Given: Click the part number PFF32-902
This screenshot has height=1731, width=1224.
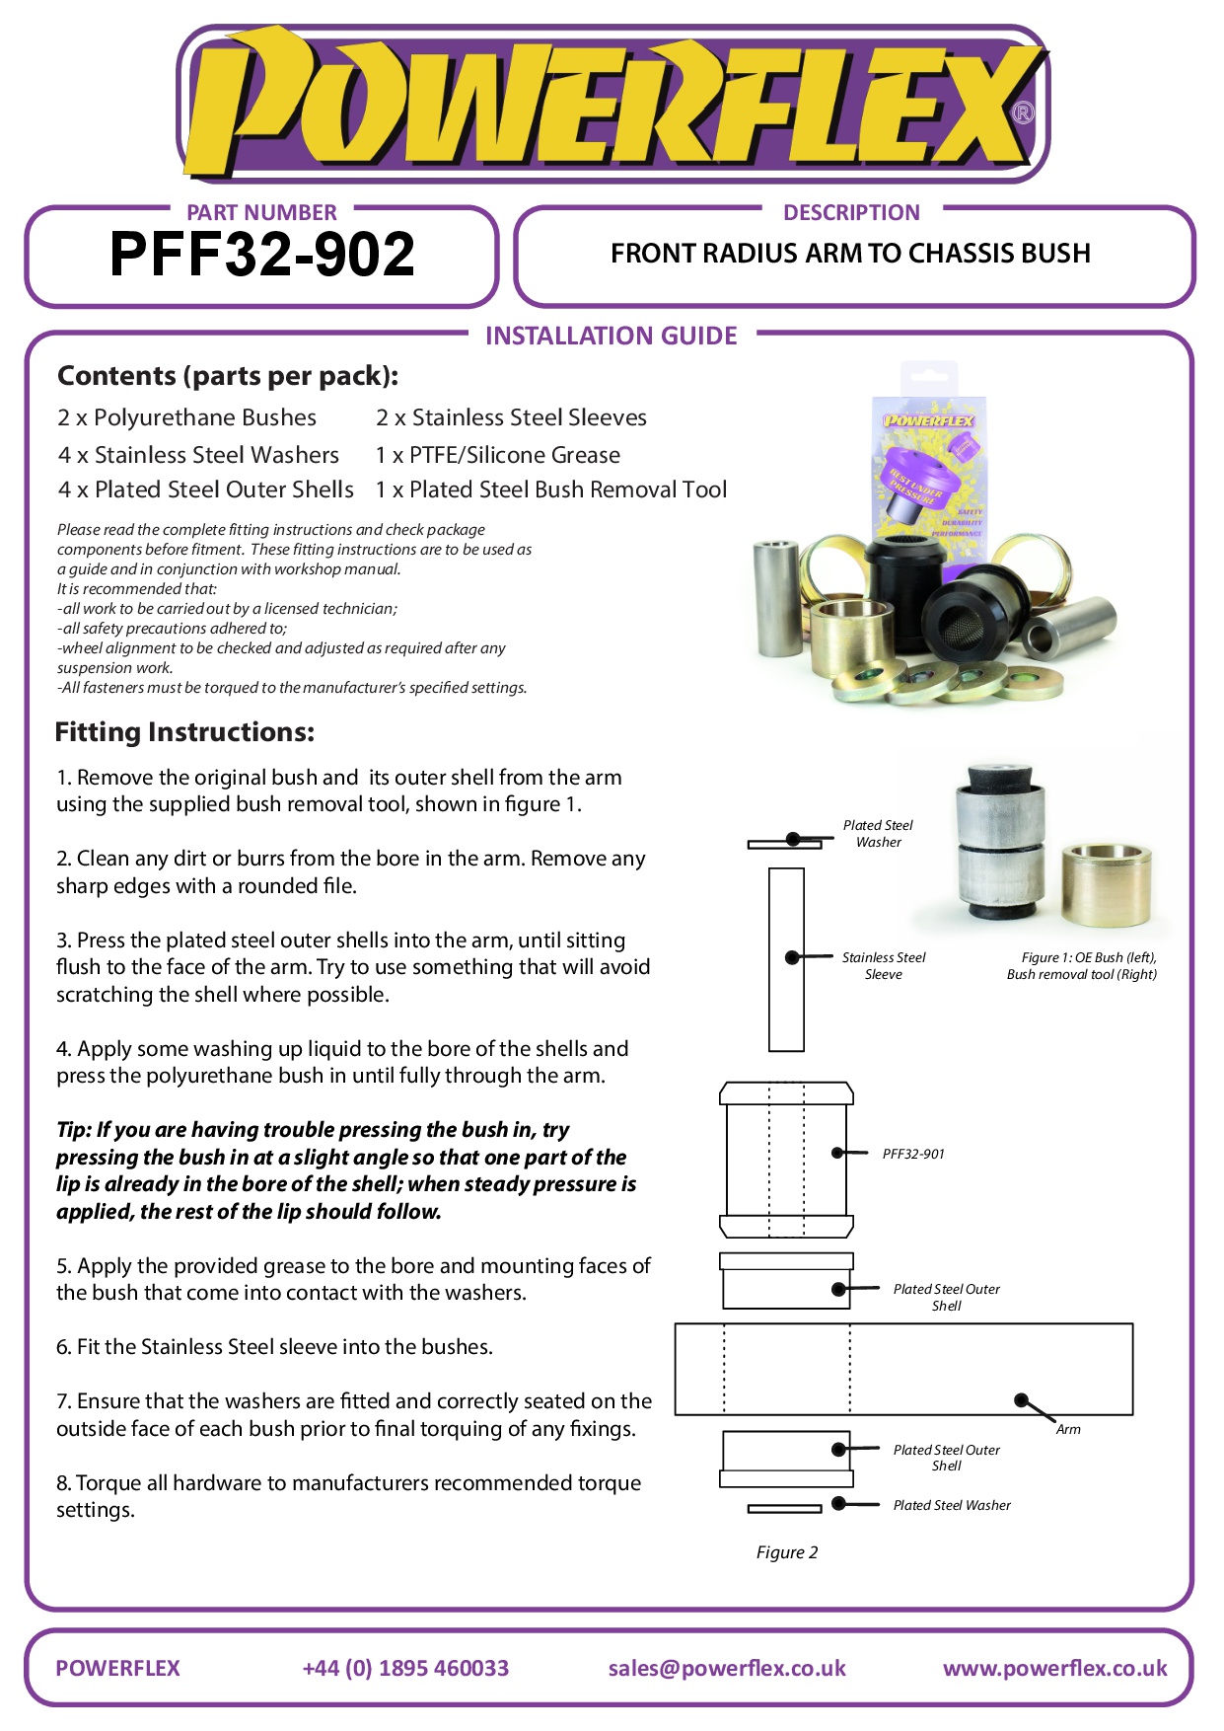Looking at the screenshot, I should (x=262, y=255).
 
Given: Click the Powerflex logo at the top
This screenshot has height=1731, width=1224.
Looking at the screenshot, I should (x=612, y=105).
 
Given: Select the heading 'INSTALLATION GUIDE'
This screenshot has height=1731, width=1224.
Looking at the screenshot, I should (x=611, y=337).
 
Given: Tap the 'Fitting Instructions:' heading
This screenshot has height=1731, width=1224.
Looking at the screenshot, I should (x=184, y=732).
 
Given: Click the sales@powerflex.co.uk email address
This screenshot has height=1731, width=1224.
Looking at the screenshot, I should (x=727, y=1668).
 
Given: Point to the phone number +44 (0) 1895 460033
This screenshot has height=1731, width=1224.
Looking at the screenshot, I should (x=405, y=1668).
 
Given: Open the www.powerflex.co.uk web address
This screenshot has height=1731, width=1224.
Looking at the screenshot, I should (x=1054, y=1668).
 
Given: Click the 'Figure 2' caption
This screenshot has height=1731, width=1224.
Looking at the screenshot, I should (x=787, y=1552).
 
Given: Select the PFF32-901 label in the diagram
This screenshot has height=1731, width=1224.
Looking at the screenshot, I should (x=913, y=1154).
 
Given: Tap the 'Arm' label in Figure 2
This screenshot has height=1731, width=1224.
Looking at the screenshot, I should (x=1068, y=1429).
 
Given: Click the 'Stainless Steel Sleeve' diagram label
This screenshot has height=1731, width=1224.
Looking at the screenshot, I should (x=884, y=965).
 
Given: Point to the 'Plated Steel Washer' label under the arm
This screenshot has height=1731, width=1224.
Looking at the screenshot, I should (x=952, y=1505).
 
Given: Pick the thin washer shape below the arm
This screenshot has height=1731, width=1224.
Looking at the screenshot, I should (x=784, y=1508).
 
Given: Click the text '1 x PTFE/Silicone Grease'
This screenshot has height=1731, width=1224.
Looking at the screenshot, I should (x=498, y=455).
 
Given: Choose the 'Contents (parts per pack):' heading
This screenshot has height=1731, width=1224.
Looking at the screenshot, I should (x=228, y=376).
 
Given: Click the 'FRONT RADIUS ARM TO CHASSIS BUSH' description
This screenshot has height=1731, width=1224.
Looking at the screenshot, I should (x=850, y=254).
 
